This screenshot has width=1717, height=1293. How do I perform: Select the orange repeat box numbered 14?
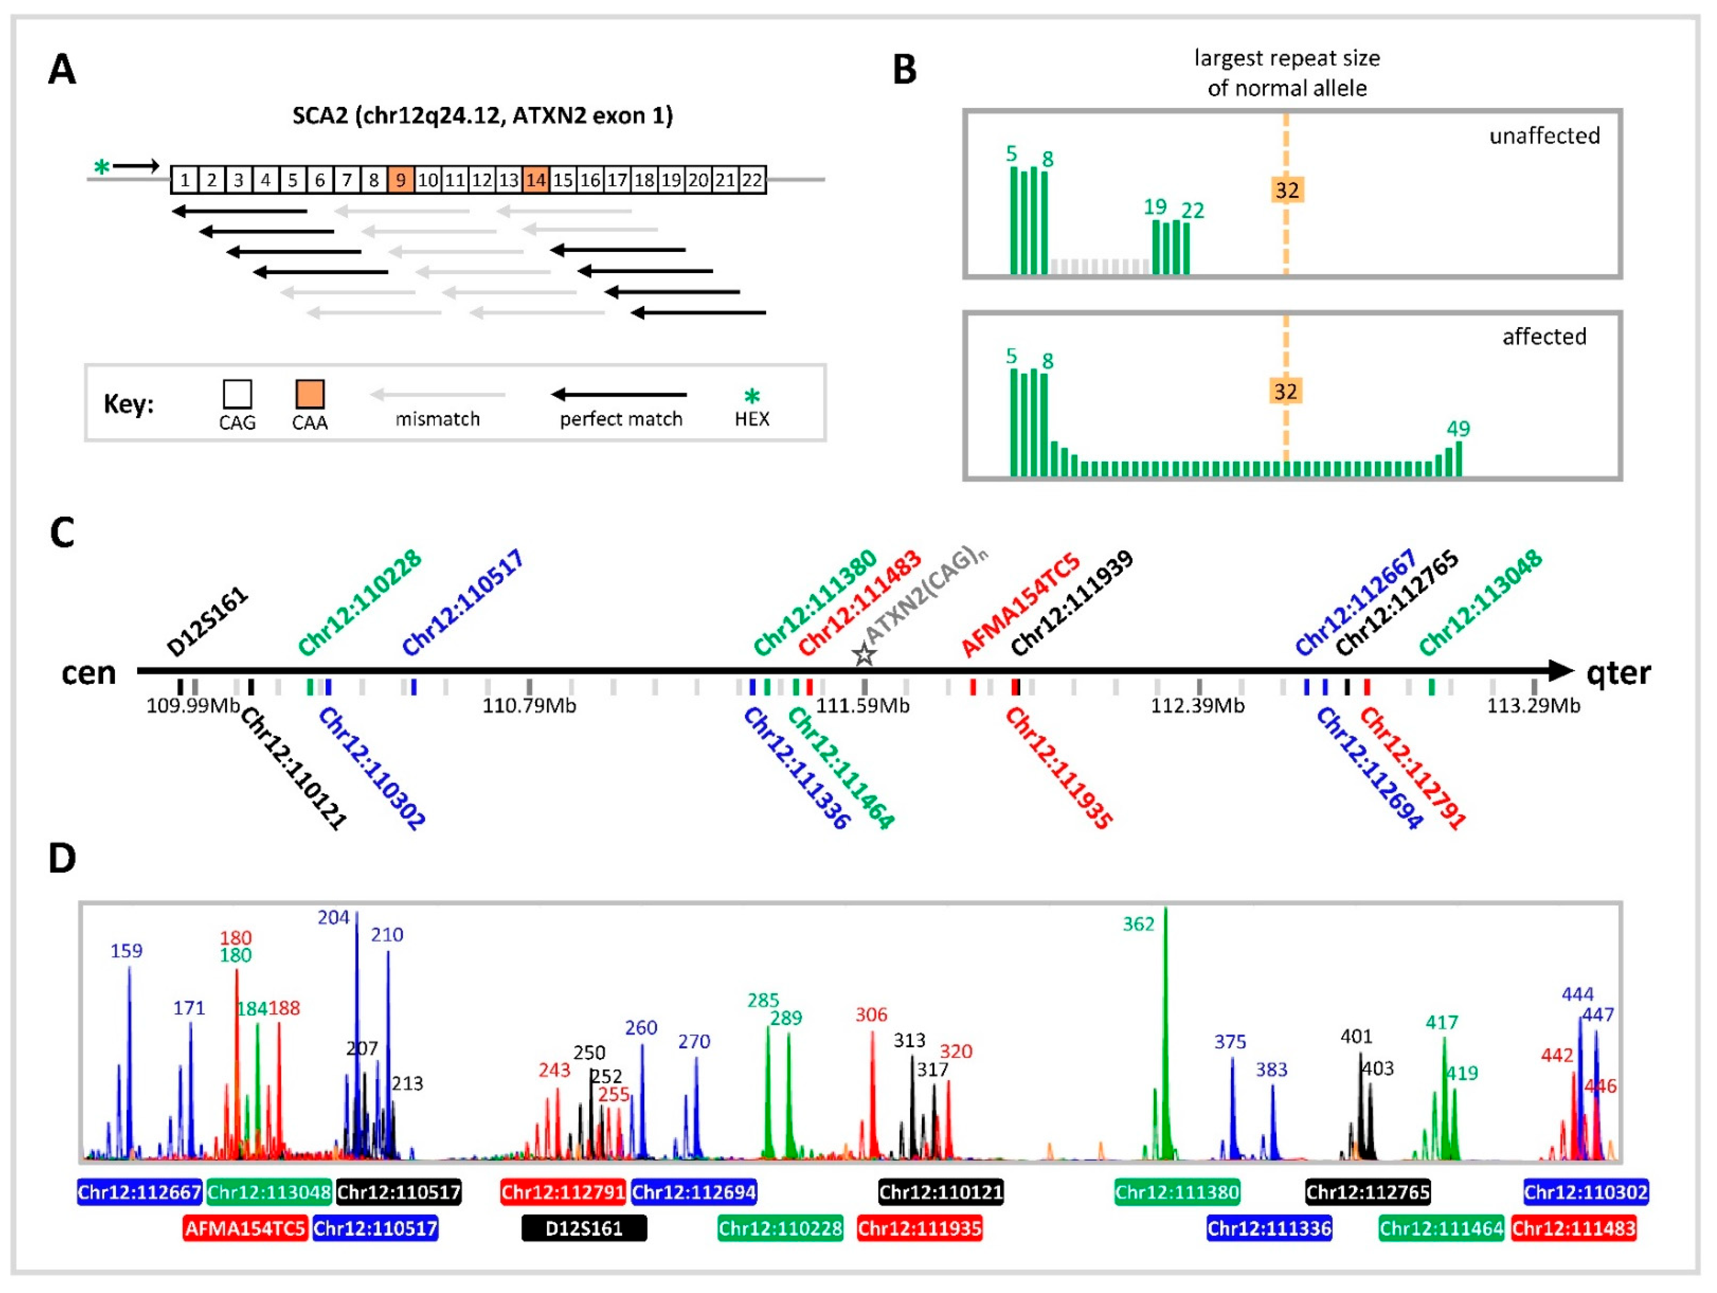(536, 180)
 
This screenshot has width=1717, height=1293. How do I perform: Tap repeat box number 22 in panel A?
(751, 180)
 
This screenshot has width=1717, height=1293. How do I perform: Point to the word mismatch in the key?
(437, 419)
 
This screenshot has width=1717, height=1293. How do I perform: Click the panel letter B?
(904, 70)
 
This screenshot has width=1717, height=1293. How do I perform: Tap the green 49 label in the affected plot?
(1458, 428)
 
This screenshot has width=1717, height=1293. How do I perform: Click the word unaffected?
(1544, 136)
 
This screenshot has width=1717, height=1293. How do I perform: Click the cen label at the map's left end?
(88, 673)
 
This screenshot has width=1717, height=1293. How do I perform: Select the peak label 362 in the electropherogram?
(1138, 923)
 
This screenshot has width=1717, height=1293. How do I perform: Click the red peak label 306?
(871, 1014)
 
